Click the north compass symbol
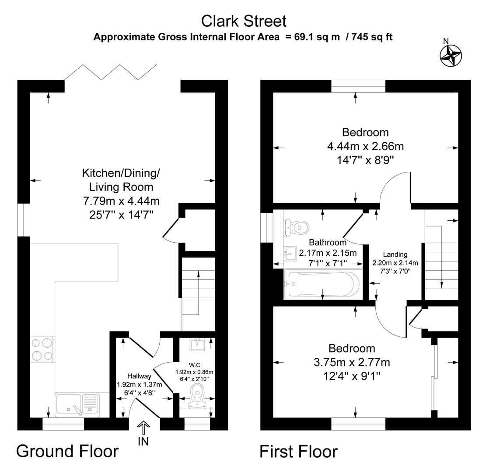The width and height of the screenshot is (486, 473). pos(451,56)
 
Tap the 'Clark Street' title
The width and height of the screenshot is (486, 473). pos(244,21)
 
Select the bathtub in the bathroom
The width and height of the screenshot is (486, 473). pos(322,284)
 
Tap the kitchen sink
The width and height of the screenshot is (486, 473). pos(77,403)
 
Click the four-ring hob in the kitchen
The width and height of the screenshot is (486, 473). pos(42,349)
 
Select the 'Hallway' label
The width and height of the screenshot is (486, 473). pos(139,376)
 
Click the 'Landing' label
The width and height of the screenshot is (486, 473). pos(395,254)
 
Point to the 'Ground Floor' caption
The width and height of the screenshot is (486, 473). pos(67,451)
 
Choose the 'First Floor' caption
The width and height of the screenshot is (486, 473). pos(298,451)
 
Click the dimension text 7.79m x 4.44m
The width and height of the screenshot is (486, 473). pos(121,201)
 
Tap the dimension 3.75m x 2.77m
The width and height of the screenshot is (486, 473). pos(352,362)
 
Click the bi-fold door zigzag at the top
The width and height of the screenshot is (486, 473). pos(111,72)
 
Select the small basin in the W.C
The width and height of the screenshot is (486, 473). pos(198,345)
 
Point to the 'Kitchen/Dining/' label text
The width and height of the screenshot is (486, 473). pos(121,173)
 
